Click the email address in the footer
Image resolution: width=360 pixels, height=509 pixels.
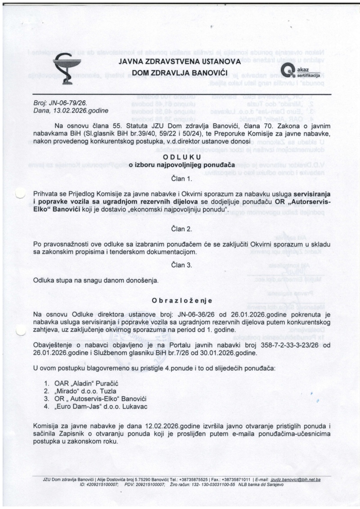pos(299,480)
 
